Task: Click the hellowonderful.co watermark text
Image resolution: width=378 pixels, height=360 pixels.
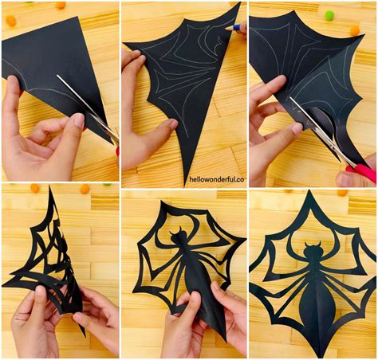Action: pyautogui.click(x=217, y=179)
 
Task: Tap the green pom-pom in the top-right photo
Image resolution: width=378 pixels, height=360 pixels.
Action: pyautogui.click(x=329, y=15)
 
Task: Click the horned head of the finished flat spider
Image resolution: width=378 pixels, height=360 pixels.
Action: pyautogui.click(x=313, y=249)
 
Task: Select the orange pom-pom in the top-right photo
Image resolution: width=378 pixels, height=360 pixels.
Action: pyautogui.click(x=355, y=30)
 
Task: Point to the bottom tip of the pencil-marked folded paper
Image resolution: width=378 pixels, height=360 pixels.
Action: pyautogui.click(x=185, y=186)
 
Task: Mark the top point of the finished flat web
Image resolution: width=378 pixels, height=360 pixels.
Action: pyautogui.click(x=309, y=191)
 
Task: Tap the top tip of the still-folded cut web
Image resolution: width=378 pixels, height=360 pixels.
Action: pyautogui.click(x=49, y=187)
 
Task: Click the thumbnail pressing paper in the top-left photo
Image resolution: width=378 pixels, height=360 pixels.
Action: pyautogui.click(x=79, y=120)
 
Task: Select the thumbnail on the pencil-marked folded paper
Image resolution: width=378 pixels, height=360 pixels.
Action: pyautogui.click(x=173, y=124)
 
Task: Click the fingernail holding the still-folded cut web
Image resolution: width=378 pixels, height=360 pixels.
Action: pyautogui.click(x=41, y=291)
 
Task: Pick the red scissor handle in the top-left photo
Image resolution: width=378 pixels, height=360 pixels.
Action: pyautogui.click(x=117, y=151)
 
